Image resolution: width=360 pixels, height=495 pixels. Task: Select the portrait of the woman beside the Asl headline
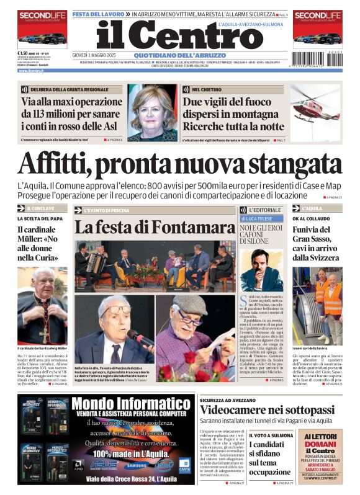[x=153, y=113]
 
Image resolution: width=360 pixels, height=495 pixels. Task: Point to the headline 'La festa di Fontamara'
[x=154, y=226]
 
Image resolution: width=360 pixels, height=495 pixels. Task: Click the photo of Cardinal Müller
[x=42, y=306]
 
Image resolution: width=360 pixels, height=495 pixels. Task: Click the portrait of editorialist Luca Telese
[x=261, y=269]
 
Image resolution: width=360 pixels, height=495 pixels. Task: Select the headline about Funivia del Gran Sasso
[x=317, y=243]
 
